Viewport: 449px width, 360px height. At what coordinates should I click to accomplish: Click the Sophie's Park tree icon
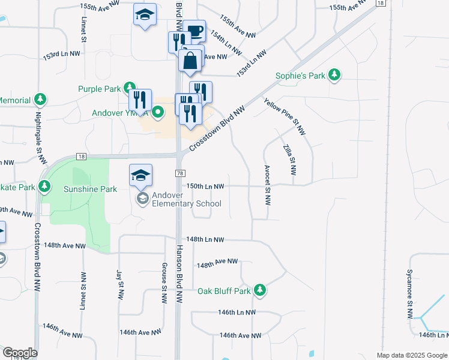tap(334, 76)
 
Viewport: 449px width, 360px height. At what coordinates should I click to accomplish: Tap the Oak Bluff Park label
tap(224, 291)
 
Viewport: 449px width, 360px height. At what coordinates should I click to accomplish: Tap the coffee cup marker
tap(194, 31)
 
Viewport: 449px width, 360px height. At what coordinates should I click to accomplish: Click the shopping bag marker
tap(190, 61)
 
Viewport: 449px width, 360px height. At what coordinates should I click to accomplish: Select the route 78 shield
tap(179, 173)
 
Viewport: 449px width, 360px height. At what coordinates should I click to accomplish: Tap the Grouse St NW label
tap(164, 283)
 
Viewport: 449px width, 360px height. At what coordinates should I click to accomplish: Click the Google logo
tap(20, 353)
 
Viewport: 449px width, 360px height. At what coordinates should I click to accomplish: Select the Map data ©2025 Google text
tap(411, 355)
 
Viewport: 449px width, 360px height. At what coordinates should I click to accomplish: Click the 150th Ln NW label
tap(205, 187)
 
